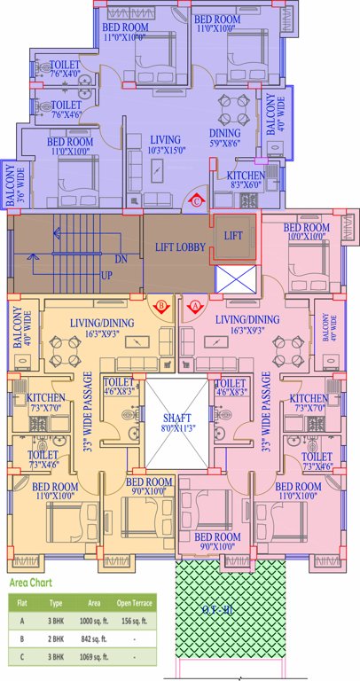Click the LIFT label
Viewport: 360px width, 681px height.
click(x=232, y=236)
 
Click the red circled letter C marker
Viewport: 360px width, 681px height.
click(x=197, y=201)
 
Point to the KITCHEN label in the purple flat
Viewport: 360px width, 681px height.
click(x=246, y=176)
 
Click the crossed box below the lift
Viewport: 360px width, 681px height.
click(x=236, y=278)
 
